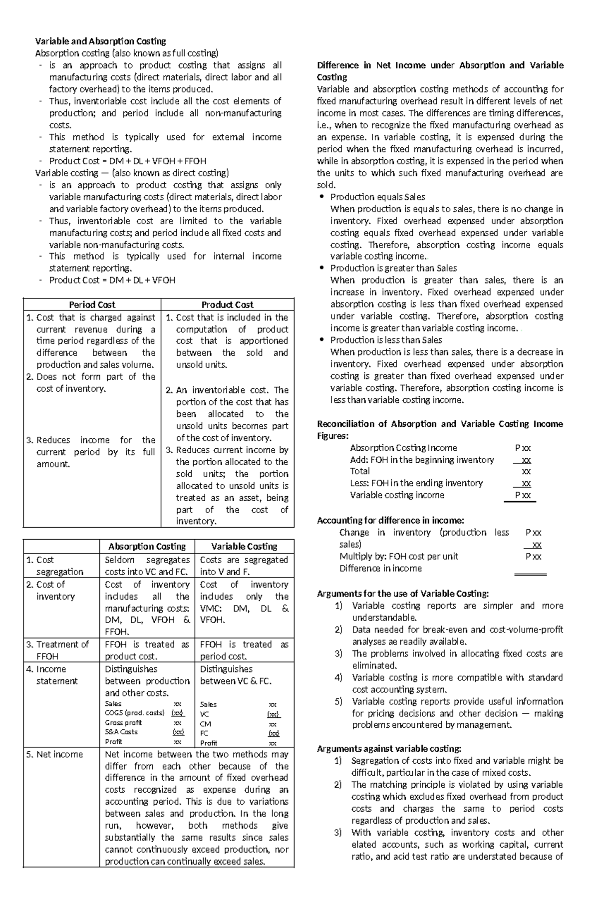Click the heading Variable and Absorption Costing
tap(100, 41)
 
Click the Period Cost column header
tap(92, 305)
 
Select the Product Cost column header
tap(227, 305)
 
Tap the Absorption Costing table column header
tap(147, 547)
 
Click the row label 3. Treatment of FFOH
tap(57, 650)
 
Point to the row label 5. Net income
tap(54, 754)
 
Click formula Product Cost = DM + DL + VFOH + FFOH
tap(127, 161)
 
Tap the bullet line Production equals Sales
tap(377, 197)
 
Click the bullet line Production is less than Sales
tap(386, 340)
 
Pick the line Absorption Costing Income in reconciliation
tap(403, 448)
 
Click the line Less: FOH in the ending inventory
tap(416, 483)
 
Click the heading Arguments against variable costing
tap(389, 748)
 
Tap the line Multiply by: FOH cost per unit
tap(398, 556)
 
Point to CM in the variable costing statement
tap(205, 724)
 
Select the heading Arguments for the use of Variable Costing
tap(403, 594)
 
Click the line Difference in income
tap(380, 568)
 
